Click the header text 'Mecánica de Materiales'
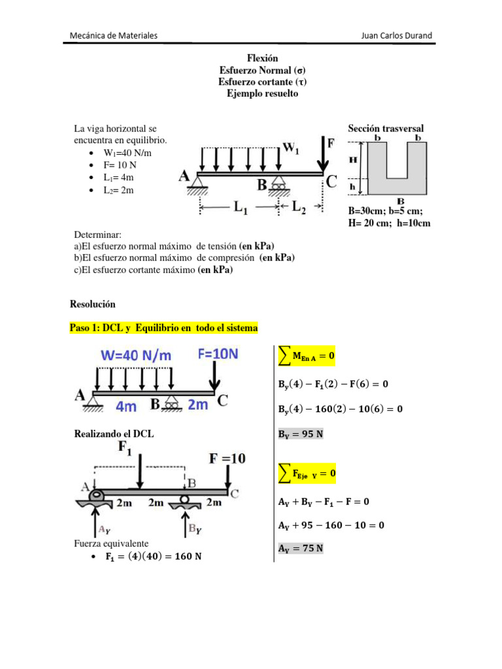(x=113, y=35)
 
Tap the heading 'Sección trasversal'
(x=386, y=129)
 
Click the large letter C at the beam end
(x=331, y=182)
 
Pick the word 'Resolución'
(x=92, y=304)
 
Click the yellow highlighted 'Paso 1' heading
(x=163, y=327)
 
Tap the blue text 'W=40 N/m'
(x=137, y=355)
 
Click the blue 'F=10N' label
(x=218, y=354)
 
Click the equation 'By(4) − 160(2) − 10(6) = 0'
(x=336, y=409)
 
